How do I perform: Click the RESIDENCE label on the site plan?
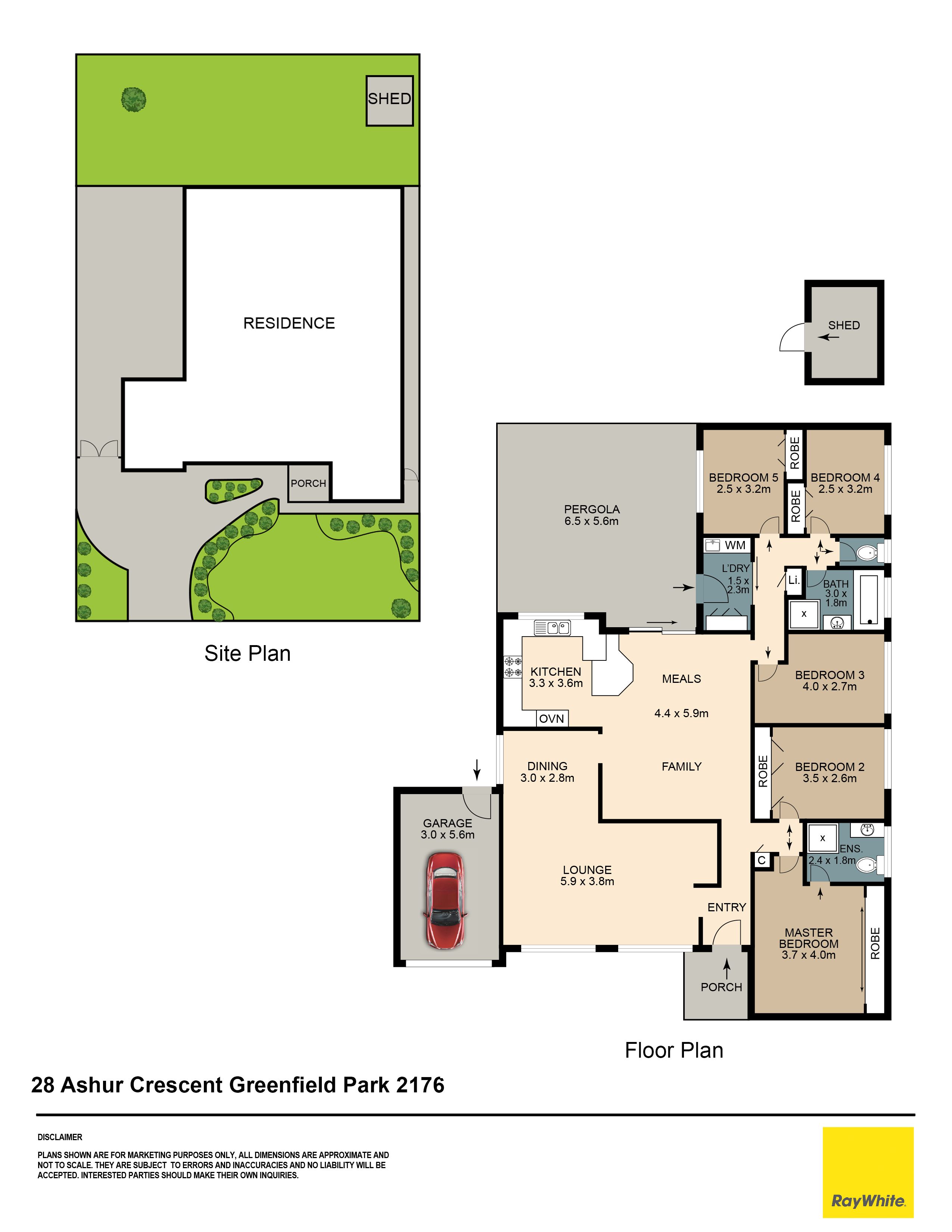(x=289, y=323)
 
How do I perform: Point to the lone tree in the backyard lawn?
(x=134, y=100)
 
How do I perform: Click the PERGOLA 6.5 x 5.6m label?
(x=592, y=515)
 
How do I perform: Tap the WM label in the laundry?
(x=735, y=545)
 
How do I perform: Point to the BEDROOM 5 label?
(x=743, y=478)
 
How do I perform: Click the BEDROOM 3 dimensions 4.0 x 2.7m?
(x=830, y=687)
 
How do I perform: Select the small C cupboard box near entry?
(x=761, y=860)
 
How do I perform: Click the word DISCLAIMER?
(x=60, y=1137)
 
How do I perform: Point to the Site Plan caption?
(x=248, y=653)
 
